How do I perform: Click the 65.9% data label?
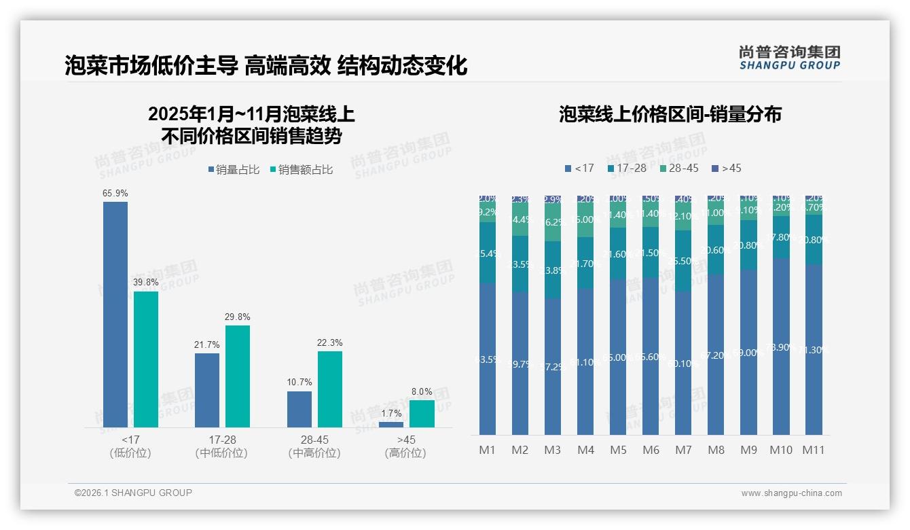115,194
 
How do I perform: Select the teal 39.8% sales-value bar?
146,359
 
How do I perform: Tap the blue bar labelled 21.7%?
207,390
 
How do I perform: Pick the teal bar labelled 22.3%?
330,389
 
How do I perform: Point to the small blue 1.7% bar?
391,425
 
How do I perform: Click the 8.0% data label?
422,392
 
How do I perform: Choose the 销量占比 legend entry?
234,170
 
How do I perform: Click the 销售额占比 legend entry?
302,170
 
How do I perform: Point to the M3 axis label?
553,450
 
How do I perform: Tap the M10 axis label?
781,450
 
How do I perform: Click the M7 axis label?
683,450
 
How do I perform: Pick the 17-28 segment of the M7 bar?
683,261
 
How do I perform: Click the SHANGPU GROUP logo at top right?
789,57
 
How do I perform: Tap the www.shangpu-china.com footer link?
791,493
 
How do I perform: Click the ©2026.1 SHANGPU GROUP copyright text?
133,493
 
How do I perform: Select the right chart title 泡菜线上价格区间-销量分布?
670,114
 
